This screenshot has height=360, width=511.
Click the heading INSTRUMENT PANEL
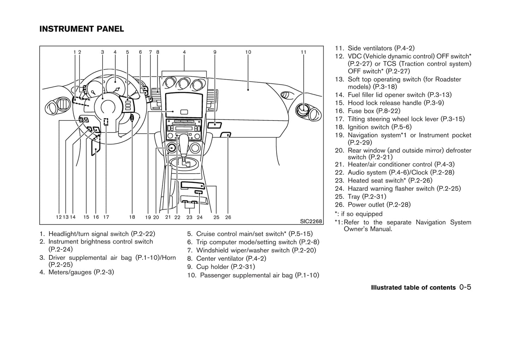pos(82,29)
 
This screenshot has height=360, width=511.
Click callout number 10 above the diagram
pos(248,52)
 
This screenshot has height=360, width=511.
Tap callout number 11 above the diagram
pos(303,52)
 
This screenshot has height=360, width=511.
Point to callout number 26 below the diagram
pos(228,217)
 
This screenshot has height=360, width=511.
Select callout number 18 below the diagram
pos(132,217)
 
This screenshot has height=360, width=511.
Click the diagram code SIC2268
pos(311,222)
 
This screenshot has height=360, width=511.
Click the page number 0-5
pos(466,287)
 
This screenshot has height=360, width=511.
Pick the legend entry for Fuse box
pos(368,111)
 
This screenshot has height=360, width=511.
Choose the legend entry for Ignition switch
pos(373,127)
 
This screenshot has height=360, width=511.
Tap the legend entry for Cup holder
pos(221,267)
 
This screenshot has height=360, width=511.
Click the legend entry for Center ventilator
pos(227,258)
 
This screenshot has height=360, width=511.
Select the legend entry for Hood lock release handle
pos(389,103)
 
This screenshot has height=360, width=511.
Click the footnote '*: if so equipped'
pos(359,214)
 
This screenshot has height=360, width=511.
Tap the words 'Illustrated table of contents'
pos(413,288)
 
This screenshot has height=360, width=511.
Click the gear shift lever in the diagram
pos(184,143)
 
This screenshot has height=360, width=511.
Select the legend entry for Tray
pos(361,196)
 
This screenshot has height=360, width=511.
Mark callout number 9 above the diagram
pos(215,52)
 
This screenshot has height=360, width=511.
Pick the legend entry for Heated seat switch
pos(384,181)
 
